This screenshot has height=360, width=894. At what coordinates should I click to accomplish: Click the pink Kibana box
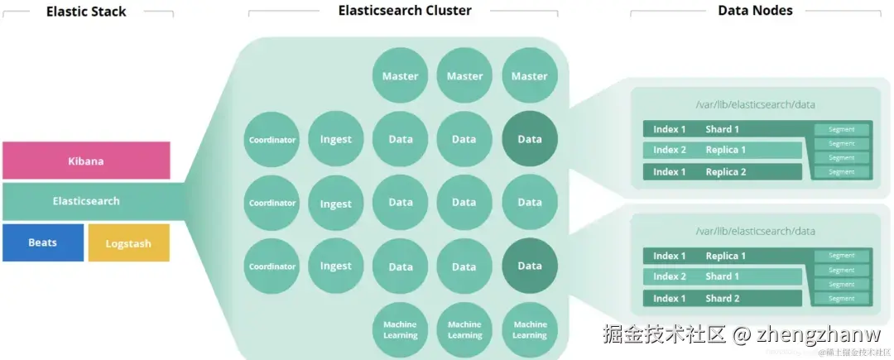86,161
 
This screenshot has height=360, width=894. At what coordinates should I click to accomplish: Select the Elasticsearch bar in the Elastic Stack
86,201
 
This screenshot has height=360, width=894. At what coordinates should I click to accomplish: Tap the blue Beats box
43,242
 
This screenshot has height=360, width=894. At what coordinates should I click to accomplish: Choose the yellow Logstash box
128,242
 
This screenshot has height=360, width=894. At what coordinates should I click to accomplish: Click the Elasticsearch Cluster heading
405,11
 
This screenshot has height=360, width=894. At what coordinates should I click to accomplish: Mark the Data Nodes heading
755,11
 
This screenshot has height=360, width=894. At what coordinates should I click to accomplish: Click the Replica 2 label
726,172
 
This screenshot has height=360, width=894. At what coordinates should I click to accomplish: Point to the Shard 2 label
723,298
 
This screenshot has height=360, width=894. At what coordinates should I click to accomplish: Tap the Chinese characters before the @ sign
665,334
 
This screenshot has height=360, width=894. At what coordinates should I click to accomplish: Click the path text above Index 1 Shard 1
756,104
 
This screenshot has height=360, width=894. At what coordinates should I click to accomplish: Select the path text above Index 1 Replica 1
756,231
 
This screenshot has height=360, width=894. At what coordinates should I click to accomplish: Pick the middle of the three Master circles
464,76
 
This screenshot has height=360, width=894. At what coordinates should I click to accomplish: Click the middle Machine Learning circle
464,329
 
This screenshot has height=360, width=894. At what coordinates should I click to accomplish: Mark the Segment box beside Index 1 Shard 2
842,298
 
